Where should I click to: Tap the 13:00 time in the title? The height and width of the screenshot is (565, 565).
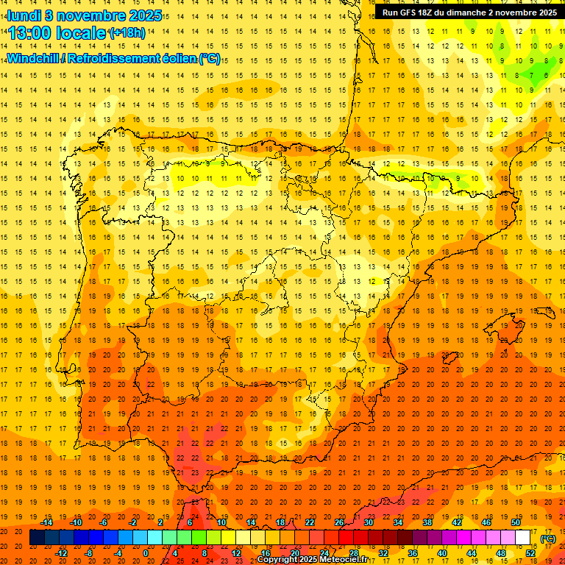click(x=32, y=33)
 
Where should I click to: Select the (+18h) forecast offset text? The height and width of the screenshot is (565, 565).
click(x=127, y=33)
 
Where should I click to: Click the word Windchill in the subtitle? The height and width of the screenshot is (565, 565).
click(x=33, y=58)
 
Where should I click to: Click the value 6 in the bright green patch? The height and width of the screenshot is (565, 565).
click(x=546, y=75)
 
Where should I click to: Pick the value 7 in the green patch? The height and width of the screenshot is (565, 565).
click(x=531, y=75)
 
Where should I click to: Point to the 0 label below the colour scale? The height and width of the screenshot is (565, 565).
click(x=146, y=553)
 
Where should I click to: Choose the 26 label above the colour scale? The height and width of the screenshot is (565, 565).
click(x=339, y=522)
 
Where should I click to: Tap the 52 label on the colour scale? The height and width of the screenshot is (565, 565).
click(x=530, y=553)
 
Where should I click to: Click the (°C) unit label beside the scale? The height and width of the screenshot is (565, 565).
click(x=547, y=538)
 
